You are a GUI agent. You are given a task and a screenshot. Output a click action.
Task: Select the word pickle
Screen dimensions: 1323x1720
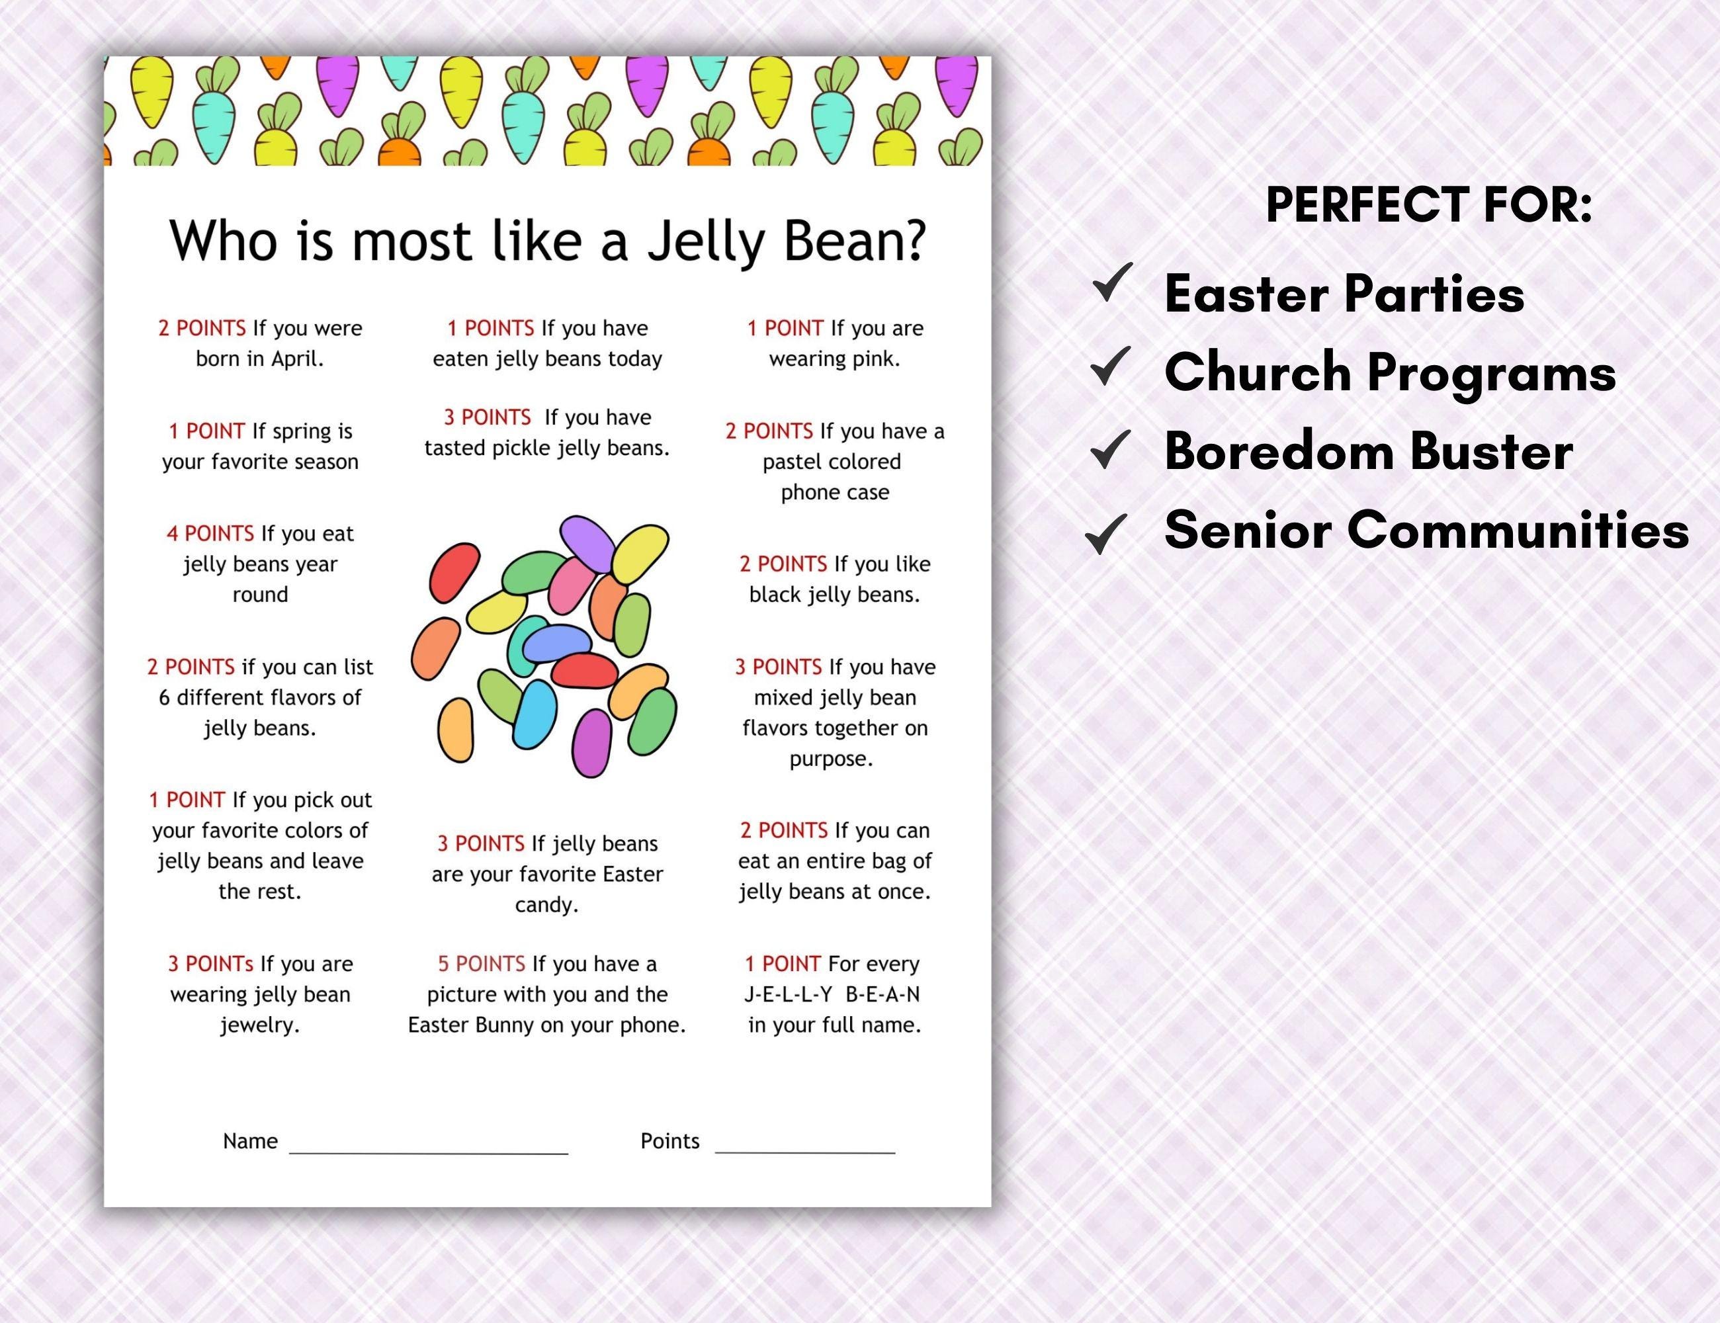521,448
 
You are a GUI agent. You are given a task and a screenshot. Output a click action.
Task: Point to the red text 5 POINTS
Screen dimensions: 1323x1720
481,964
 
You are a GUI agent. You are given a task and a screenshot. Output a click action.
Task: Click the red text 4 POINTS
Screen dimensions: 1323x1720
210,534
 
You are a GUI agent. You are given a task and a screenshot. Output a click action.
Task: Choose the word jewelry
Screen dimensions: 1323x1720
259,1025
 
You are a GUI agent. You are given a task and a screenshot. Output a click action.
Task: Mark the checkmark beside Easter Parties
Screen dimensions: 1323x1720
1112,284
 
